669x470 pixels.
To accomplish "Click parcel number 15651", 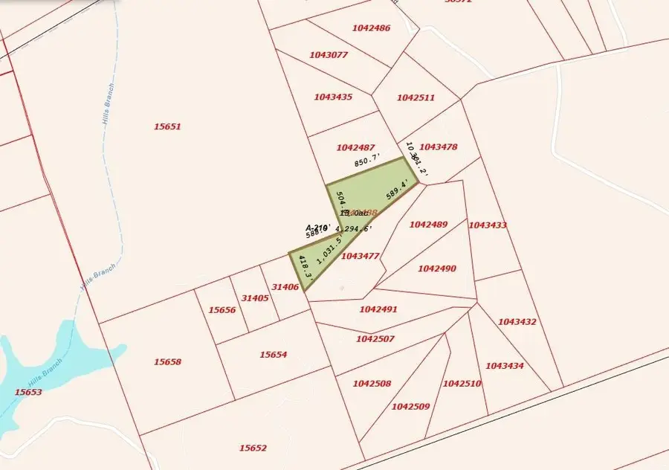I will pos(167,126).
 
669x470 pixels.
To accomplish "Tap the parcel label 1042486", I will pos(372,28).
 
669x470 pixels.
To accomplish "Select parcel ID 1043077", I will pos(329,55).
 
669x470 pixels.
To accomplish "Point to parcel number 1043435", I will pos(333,97).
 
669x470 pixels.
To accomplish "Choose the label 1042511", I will pos(416,97).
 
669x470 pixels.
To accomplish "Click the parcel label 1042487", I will pos(355,148).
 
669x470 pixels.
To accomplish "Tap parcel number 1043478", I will pos(439,147).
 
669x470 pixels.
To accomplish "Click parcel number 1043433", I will pos(488,225).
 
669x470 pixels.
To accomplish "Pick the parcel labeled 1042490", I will pos(437,268).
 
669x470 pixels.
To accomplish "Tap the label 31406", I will pos(285,287).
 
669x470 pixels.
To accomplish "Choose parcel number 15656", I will pos(222,310).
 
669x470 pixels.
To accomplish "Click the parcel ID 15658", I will pos(168,362).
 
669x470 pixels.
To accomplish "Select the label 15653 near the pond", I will pos(28,392).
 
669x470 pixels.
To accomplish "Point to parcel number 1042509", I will pos(410,407).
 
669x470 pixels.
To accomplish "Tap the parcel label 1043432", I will pos(517,322).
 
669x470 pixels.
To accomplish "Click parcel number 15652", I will pos(253,448).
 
